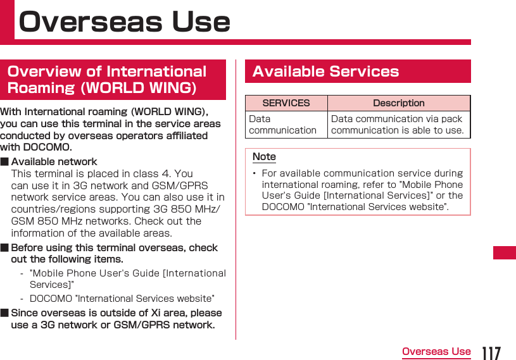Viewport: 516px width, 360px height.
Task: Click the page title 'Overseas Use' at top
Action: [125, 22]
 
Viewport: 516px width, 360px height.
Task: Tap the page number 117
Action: [491, 352]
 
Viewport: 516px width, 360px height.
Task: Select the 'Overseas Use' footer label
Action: [436, 352]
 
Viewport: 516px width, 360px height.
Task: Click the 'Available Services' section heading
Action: [325, 71]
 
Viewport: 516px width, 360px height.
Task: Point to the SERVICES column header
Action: [286, 103]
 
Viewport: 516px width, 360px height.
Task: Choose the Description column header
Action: [398, 103]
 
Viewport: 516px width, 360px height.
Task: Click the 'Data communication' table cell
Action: [283, 124]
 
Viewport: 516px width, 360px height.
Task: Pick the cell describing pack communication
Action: [397, 124]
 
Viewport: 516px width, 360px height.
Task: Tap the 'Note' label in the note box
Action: [264, 156]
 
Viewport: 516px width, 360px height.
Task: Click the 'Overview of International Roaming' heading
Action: [108, 79]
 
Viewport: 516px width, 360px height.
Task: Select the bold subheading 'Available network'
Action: [54, 161]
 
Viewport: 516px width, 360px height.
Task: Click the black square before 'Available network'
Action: [4, 161]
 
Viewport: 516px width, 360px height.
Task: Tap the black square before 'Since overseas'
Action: [4, 313]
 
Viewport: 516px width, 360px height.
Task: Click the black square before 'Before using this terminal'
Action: [4, 248]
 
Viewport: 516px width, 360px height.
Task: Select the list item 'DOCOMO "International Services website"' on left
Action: [122, 298]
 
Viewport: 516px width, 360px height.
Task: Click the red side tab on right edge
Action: [505, 252]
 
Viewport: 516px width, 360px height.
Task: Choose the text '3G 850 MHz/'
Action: [192, 209]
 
